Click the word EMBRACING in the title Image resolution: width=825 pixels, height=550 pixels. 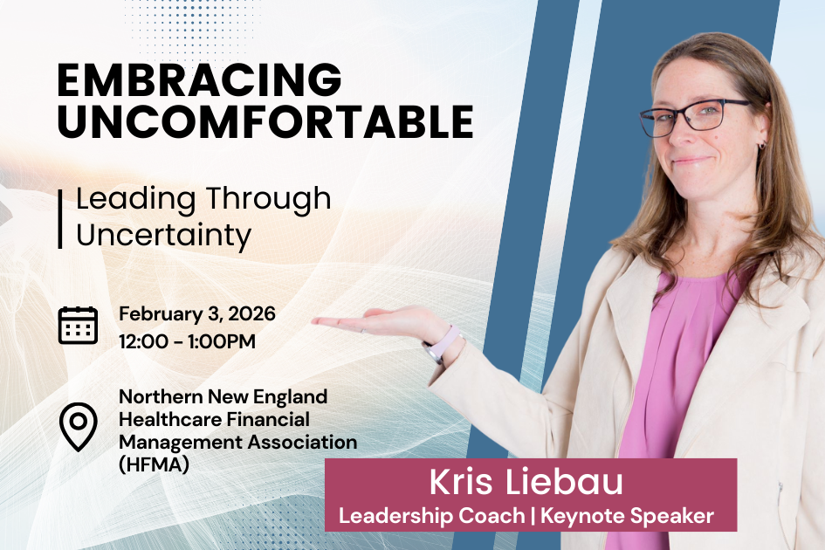tap(199, 81)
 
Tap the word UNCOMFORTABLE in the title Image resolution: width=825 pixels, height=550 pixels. tap(265, 122)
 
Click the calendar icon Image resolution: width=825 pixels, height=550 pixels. tap(78, 325)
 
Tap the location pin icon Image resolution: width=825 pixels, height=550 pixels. tap(78, 426)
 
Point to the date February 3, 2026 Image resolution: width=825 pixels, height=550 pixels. tap(197, 313)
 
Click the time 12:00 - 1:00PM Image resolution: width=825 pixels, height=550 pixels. tap(188, 341)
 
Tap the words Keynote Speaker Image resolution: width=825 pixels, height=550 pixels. tap(627, 516)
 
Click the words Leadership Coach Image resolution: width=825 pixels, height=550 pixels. tap(431, 516)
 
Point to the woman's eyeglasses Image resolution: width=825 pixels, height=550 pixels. tap(694, 116)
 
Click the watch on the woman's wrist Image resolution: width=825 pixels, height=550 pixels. tap(440, 343)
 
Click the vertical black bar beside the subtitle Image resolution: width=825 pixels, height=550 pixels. tap(60, 217)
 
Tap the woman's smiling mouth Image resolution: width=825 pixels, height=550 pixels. tap(692, 161)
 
